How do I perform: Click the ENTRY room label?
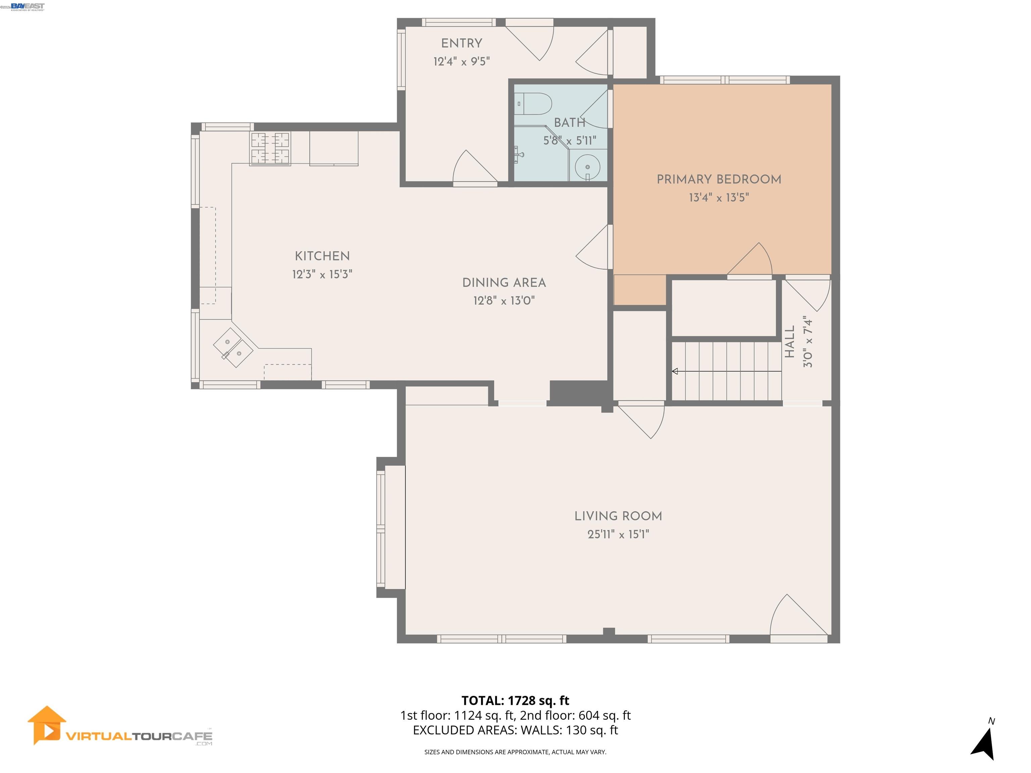point(461,43)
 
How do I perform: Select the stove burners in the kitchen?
point(270,148)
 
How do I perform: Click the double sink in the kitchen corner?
point(233,348)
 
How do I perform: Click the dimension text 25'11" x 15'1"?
point(618,534)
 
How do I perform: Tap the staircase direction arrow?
point(675,371)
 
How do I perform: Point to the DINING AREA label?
point(504,282)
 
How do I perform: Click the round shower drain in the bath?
point(587,167)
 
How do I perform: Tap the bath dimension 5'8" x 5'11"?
point(570,140)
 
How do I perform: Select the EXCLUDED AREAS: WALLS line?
point(515,730)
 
